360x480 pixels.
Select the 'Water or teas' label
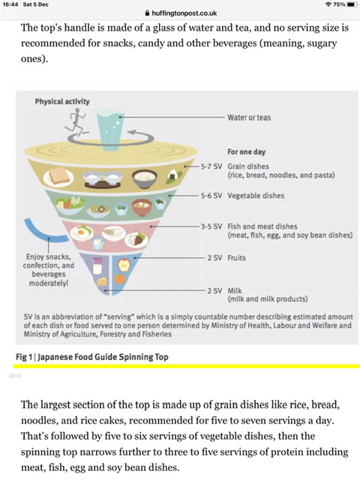[249, 118]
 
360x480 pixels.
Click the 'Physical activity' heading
[62, 101]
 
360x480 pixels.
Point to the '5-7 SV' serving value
[211, 166]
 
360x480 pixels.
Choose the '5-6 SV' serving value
[211, 196]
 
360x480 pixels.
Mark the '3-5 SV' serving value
[211, 226]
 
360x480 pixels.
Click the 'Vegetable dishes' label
[256, 196]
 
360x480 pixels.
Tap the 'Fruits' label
[236, 258]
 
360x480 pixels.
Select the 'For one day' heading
[247, 151]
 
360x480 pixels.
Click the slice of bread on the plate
[58, 177]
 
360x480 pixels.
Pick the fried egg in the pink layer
[82, 232]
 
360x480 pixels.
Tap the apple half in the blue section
[124, 265]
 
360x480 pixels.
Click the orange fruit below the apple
[120, 278]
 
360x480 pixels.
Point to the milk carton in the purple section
[97, 265]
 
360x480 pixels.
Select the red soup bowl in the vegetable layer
[142, 207]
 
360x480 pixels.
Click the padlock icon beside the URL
[147, 13]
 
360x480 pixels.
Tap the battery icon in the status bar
[352, 4]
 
